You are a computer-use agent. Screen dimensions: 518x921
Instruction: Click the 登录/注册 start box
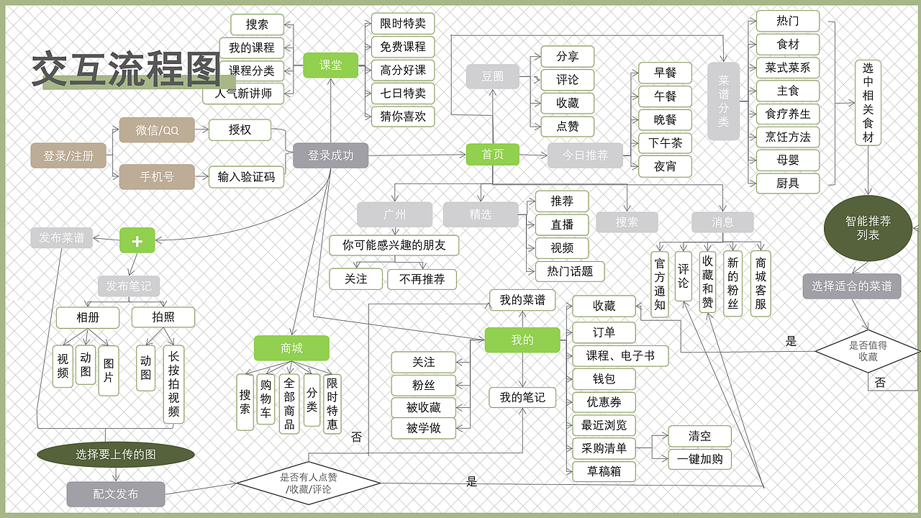(x=68, y=155)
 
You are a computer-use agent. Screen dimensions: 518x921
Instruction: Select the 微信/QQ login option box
(x=157, y=130)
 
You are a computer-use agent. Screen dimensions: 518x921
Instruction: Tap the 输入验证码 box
(x=245, y=177)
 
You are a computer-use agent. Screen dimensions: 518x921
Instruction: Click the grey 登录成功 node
(x=330, y=155)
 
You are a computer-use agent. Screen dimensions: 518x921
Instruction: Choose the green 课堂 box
(x=330, y=65)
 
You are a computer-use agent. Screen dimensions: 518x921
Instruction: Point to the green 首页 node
(x=492, y=155)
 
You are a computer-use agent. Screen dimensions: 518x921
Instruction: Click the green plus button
(x=137, y=241)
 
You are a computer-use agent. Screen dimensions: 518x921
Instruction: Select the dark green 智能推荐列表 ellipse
(x=867, y=228)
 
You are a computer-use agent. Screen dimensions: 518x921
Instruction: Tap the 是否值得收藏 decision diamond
(x=867, y=350)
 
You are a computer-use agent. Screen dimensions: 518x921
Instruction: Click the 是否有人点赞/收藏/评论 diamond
(x=309, y=482)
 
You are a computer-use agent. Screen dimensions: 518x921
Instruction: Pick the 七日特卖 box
(x=403, y=93)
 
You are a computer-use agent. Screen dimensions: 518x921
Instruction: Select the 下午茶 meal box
(x=664, y=143)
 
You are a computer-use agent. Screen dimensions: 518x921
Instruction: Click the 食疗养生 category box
(x=787, y=114)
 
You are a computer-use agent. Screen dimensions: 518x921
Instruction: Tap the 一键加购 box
(x=699, y=459)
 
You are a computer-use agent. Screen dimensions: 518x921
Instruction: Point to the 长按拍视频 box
(x=173, y=385)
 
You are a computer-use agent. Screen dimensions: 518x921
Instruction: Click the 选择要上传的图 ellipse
(x=116, y=455)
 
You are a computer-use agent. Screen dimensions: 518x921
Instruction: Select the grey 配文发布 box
(x=116, y=494)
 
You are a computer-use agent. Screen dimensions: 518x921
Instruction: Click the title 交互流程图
(x=125, y=70)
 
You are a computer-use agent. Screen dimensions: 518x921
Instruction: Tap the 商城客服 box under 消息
(x=760, y=283)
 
